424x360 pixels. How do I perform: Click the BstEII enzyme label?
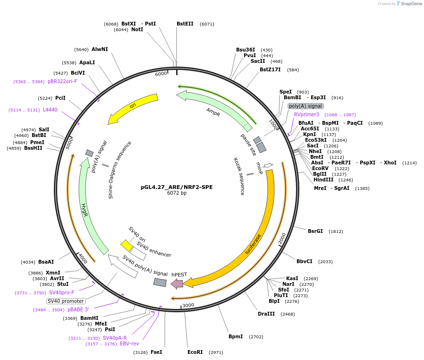[185, 24]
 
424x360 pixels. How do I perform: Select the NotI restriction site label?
[137, 29]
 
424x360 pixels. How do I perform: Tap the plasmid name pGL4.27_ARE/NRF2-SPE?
[177, 187]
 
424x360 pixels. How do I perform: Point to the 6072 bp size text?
[177, 193]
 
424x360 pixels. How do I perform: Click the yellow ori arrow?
[132, 108]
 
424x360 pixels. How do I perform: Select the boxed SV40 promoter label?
[66, 301]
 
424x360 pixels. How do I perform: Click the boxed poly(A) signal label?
[305, 106]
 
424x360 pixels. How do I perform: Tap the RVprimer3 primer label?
[306, 114]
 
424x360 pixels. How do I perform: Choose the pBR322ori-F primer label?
[62, 81]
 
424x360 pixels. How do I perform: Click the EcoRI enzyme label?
[195, 352]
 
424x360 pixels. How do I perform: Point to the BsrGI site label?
[315, 231]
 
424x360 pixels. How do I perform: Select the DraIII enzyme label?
[266, 314]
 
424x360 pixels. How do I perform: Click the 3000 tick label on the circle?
[188, 305]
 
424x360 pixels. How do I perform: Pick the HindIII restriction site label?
[323, 180]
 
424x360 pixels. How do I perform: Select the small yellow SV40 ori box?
[127, 245]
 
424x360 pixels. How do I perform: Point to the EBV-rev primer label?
[129, 343]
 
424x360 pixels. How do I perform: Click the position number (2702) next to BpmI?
[256, 337]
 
